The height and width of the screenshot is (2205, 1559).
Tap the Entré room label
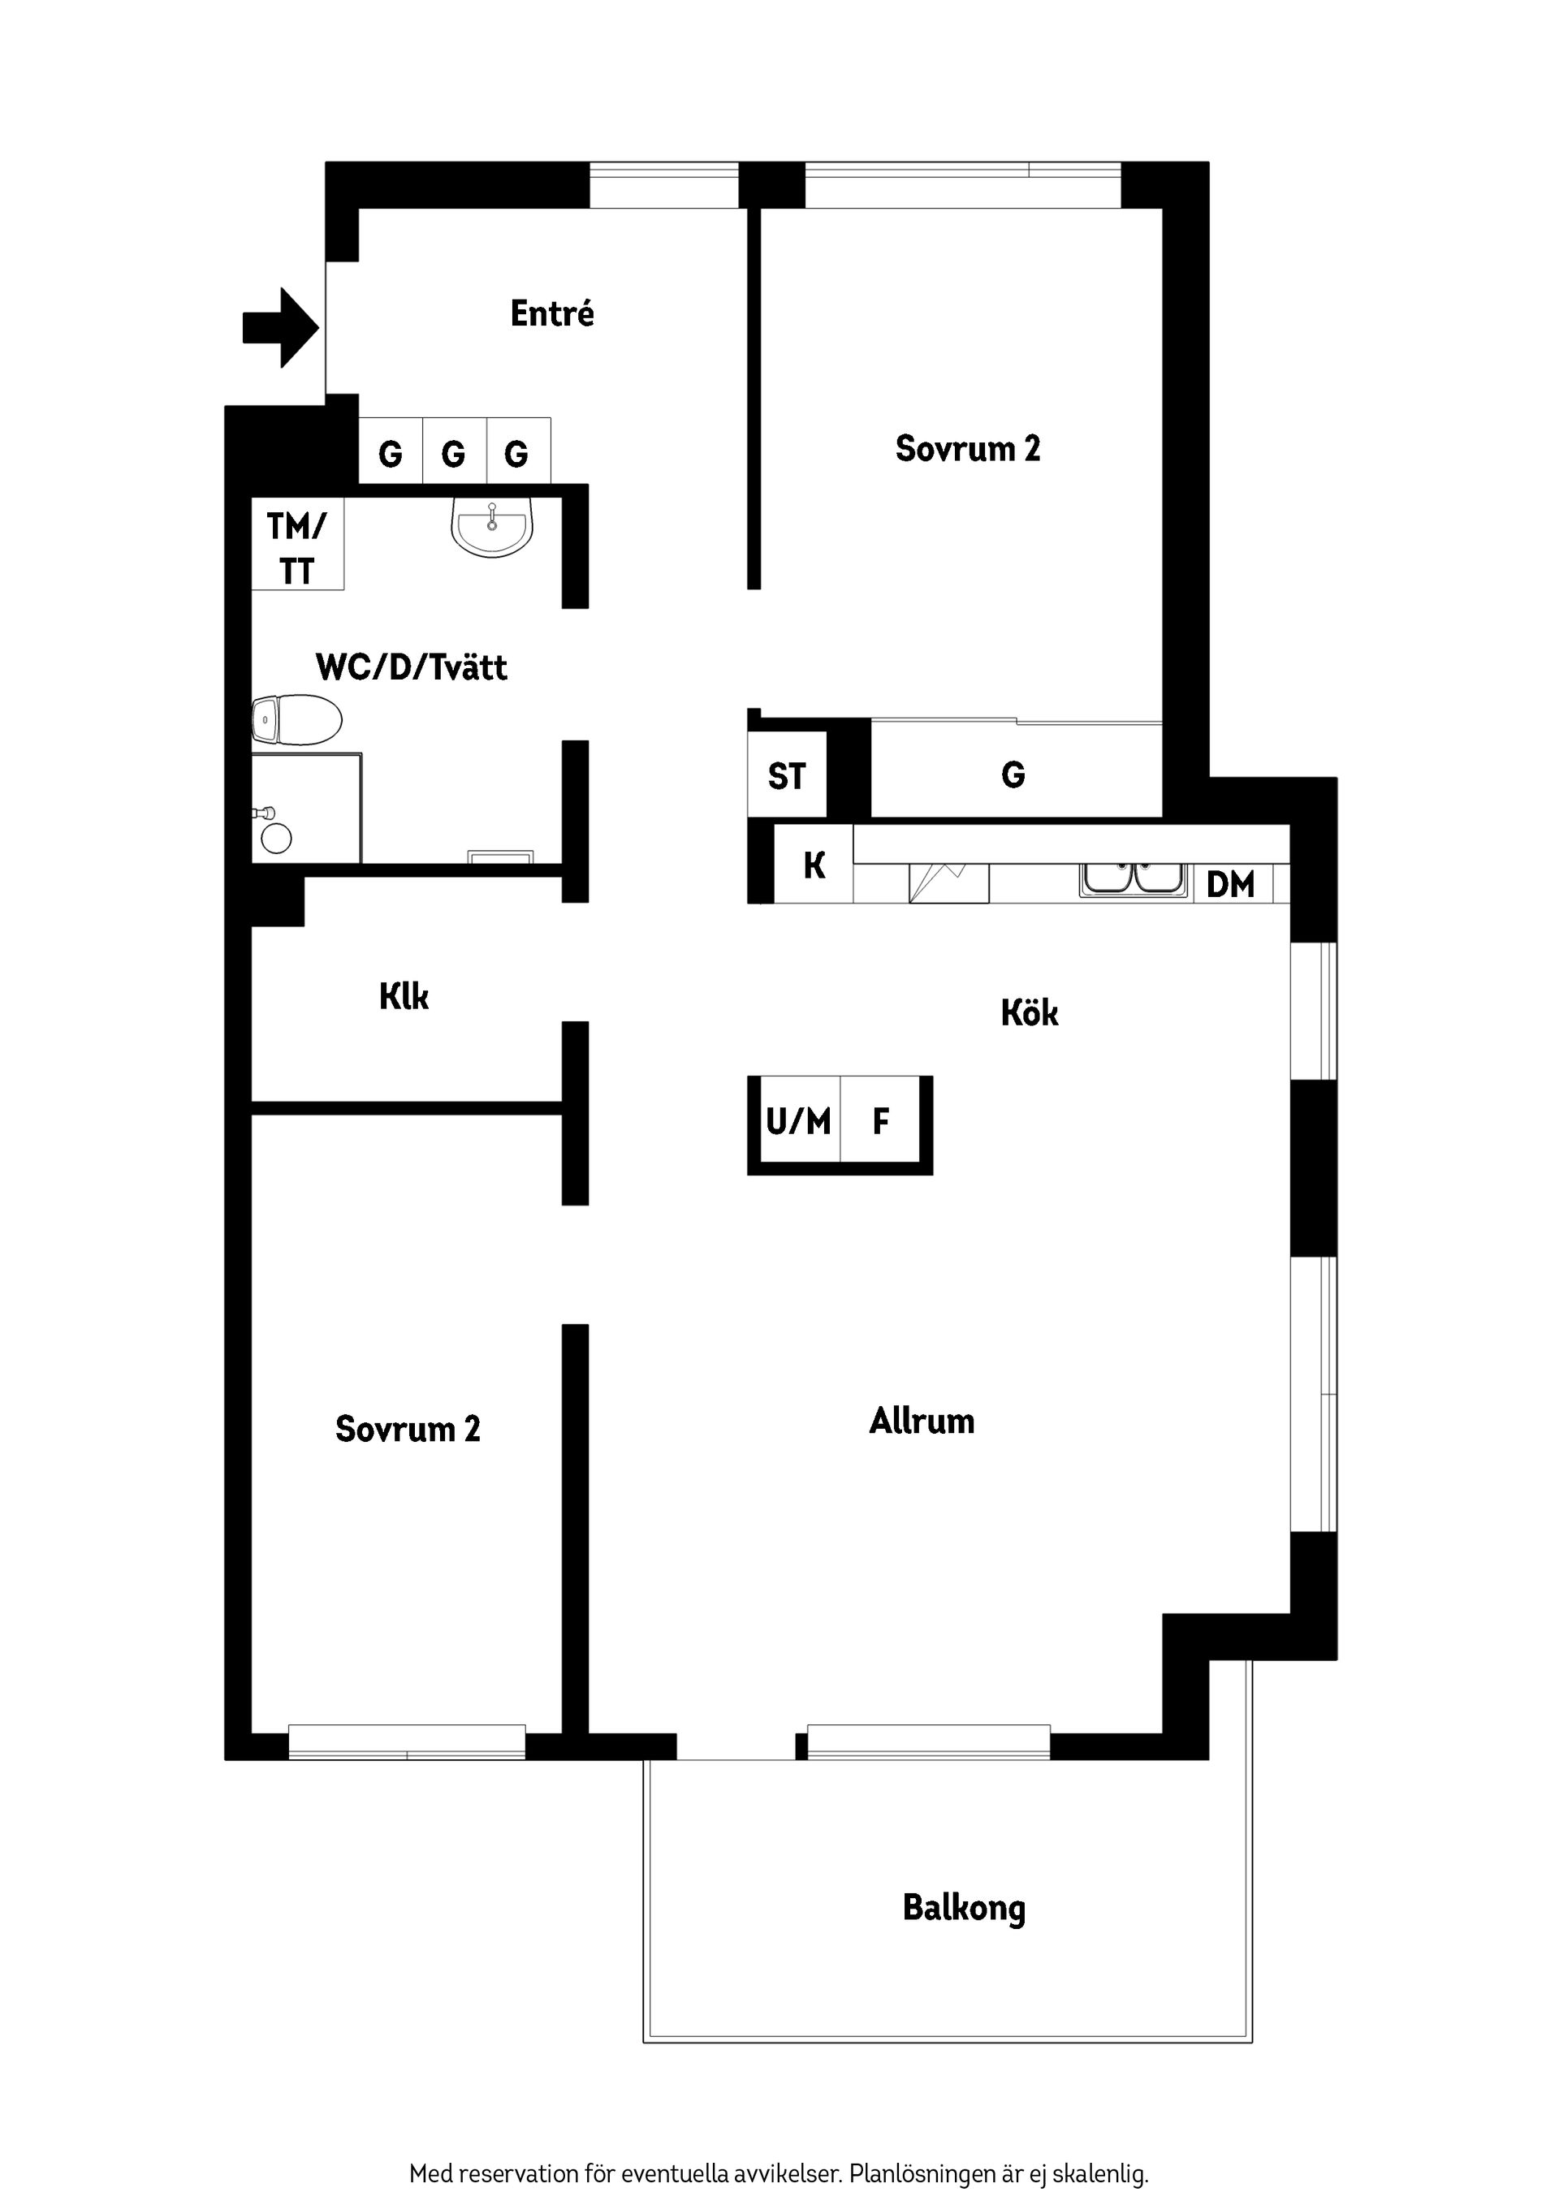(551, 314)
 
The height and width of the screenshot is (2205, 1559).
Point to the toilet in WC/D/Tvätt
(298, 719)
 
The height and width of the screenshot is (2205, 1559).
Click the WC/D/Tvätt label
(411, 667)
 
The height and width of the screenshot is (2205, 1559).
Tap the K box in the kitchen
(814, 865)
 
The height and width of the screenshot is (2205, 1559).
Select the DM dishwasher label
(1229, 884)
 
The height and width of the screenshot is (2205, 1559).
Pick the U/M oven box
(797, 1120)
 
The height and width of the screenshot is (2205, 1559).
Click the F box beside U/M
(880, 1120)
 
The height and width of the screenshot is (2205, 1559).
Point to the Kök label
(1029, 1013)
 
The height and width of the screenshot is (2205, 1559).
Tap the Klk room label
(404, 997)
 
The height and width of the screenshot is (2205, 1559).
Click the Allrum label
(921, 1421)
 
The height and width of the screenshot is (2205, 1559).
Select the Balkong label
(964, 1907)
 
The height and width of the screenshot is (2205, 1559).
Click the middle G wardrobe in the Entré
(453, 452)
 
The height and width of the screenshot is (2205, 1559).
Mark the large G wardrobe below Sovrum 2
(1013, 774)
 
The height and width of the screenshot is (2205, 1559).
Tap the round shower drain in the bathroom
(277, 839)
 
